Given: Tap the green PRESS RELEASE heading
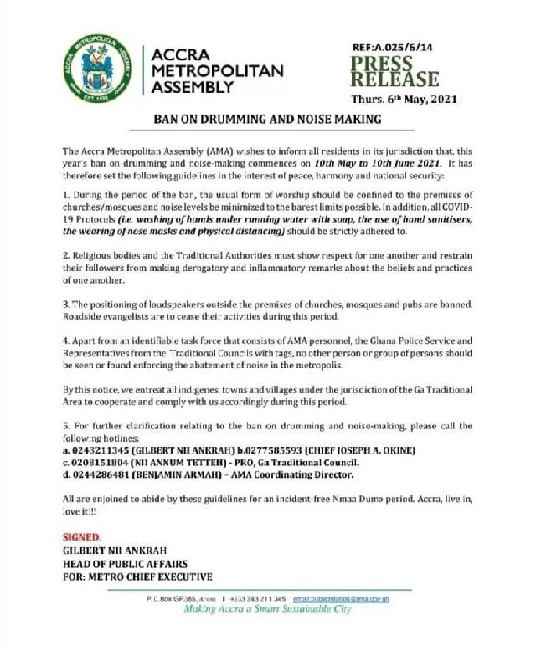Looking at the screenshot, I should [x=394, y=73].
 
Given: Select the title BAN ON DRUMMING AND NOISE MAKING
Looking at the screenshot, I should [x=266, y=120].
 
